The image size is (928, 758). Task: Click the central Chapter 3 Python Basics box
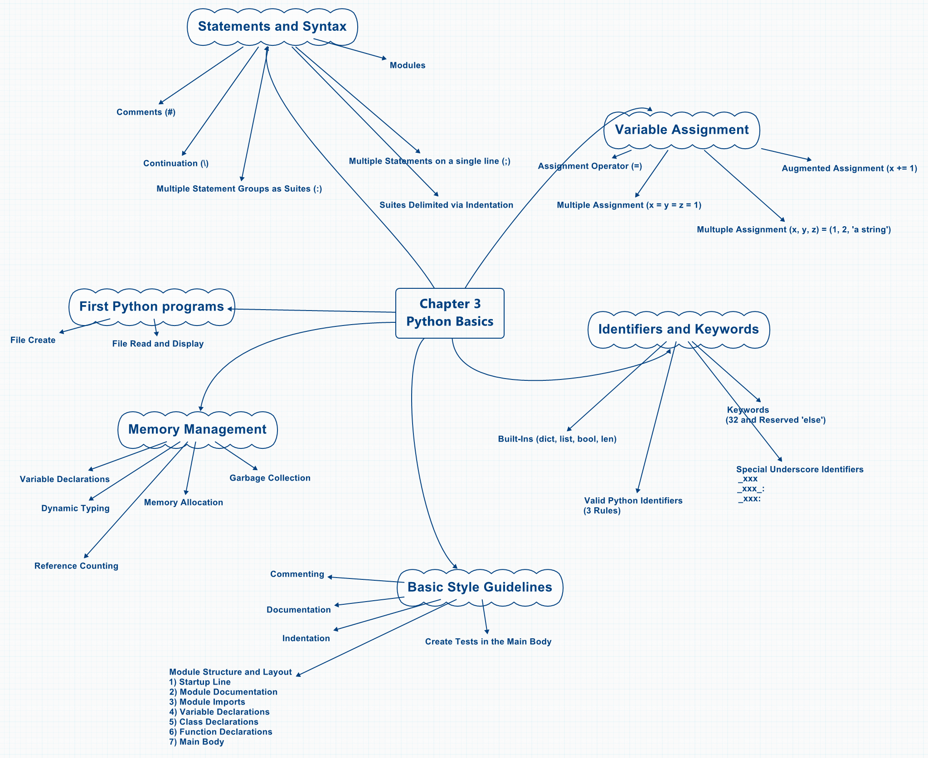click(450, 313)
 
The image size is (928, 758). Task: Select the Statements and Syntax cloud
click(272, 26)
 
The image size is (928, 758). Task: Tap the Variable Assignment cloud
click(681, 130)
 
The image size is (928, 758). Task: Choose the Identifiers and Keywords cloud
click(678, 329)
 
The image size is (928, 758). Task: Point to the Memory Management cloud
click(197, 429)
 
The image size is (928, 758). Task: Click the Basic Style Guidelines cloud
click(480, 587)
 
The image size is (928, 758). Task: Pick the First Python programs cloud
click(151, 306)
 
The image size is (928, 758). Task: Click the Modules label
click(407, 65)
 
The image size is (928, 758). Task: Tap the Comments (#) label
click(146, 112)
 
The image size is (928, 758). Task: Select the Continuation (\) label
click(176, 163)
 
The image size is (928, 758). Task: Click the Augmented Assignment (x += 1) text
click(849, 168)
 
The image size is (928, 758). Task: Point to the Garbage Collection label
click(270, 478)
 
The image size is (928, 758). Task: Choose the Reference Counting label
click(76, 566)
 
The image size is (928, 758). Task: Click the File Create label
click(33, 340)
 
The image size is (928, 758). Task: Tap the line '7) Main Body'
click(197, 742)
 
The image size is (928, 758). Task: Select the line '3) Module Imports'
click(207, 702)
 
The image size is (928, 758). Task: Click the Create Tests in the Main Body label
click(488, 641)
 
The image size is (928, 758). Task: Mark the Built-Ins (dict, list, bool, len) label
click(557, 439)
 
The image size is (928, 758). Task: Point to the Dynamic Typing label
click(75, 508)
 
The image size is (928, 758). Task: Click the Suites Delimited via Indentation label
click(446, 205)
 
